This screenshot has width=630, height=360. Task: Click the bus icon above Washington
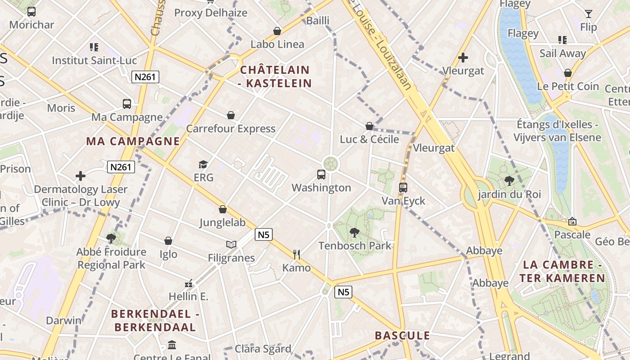[321, 174]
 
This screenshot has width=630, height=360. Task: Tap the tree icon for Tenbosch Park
[355, 233]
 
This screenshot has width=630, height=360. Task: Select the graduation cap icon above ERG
[203, 164]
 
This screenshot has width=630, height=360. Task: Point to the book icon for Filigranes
[231, 244]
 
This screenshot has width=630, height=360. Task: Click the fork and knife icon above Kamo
[297, 255]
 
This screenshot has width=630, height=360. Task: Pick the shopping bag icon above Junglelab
[222, 209]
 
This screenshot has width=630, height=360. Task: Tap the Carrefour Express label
[230, 129]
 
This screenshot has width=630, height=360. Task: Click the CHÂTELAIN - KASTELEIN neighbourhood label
[275, 76]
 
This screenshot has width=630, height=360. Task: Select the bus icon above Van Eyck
[403, 187]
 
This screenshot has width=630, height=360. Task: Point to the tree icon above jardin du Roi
[509, 181]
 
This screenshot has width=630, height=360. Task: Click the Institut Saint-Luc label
[94, 60]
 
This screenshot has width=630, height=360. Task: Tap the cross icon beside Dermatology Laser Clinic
[81, 176]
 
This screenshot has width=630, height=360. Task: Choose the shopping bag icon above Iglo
[168, 241]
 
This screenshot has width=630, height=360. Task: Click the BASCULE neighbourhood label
[402, 336]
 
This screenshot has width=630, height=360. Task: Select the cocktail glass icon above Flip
[588, 14]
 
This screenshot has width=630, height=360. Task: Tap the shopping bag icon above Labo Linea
[277, 31]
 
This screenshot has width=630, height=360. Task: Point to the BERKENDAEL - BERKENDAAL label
[155, 320]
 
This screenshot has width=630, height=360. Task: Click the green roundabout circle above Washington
[331, 163]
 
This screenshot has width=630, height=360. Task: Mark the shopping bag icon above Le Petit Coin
[568, 73]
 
